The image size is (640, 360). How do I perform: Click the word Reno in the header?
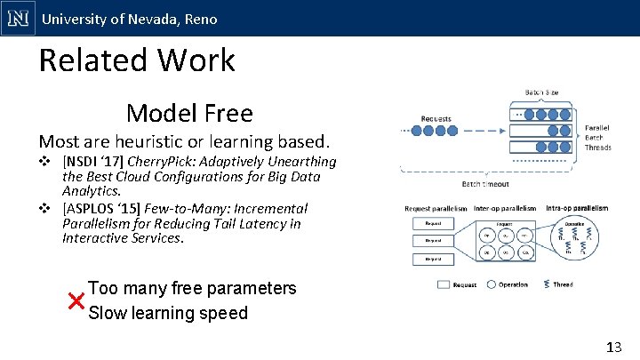(201, 19)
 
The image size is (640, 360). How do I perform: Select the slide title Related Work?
(137, 60)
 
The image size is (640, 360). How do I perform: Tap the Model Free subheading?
(189, 113)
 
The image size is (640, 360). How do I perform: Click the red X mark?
(76, 300)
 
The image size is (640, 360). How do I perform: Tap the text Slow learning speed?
(168, 313)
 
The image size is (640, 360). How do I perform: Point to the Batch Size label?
(542, 92)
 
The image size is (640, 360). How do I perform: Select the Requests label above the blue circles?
(436, 119)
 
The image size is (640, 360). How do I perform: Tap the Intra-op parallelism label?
(578, 208)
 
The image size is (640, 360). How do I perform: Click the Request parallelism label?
(436, 208)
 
